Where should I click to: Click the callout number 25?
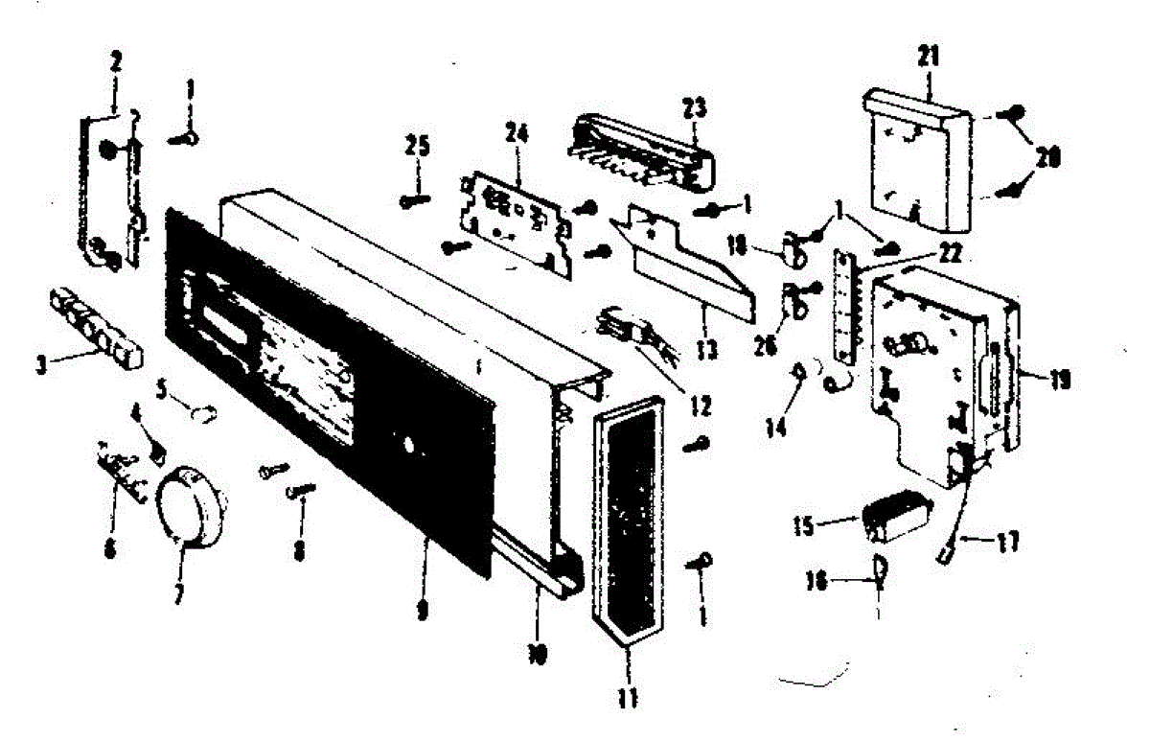click(x=417, y=148)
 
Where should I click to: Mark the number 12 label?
click(x=700, y=406)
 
